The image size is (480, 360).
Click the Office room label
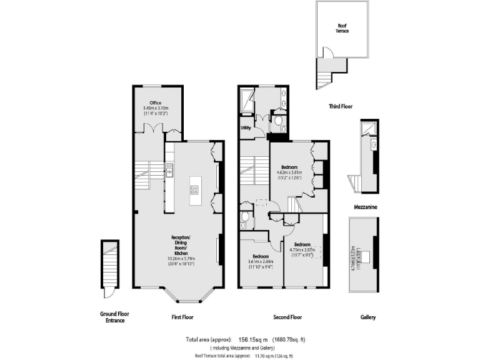pos(155,103)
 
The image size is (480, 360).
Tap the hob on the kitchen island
pos(194,191)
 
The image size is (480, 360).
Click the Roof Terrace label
pos(341,28)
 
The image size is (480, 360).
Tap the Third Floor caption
pos(340,107)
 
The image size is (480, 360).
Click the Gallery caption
pos(367,317)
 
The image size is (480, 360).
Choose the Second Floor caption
pos(287,317)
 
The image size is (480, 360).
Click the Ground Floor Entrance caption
pos(114,317)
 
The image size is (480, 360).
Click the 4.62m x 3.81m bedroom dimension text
pos(289,172)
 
